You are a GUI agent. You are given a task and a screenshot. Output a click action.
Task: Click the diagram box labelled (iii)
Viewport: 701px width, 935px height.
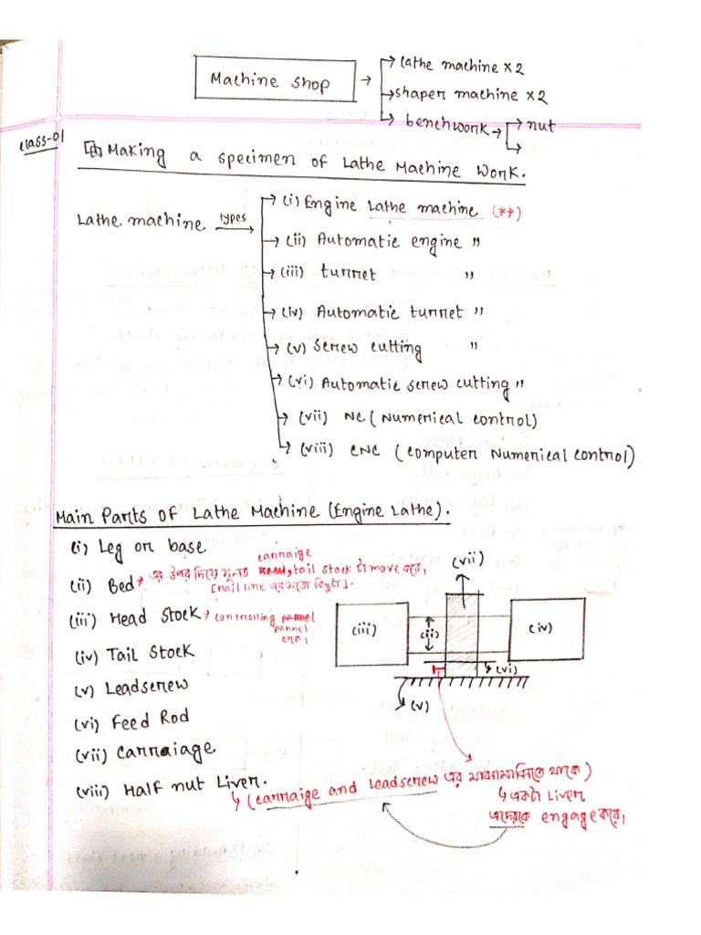pos(371,633)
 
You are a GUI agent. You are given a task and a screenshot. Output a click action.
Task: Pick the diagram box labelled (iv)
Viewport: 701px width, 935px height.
pos(546,628)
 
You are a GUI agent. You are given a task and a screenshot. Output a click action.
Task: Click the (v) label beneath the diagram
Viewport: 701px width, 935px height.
pos(420,706)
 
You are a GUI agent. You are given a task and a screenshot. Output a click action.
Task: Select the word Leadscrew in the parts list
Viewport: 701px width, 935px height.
pos(150,686)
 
